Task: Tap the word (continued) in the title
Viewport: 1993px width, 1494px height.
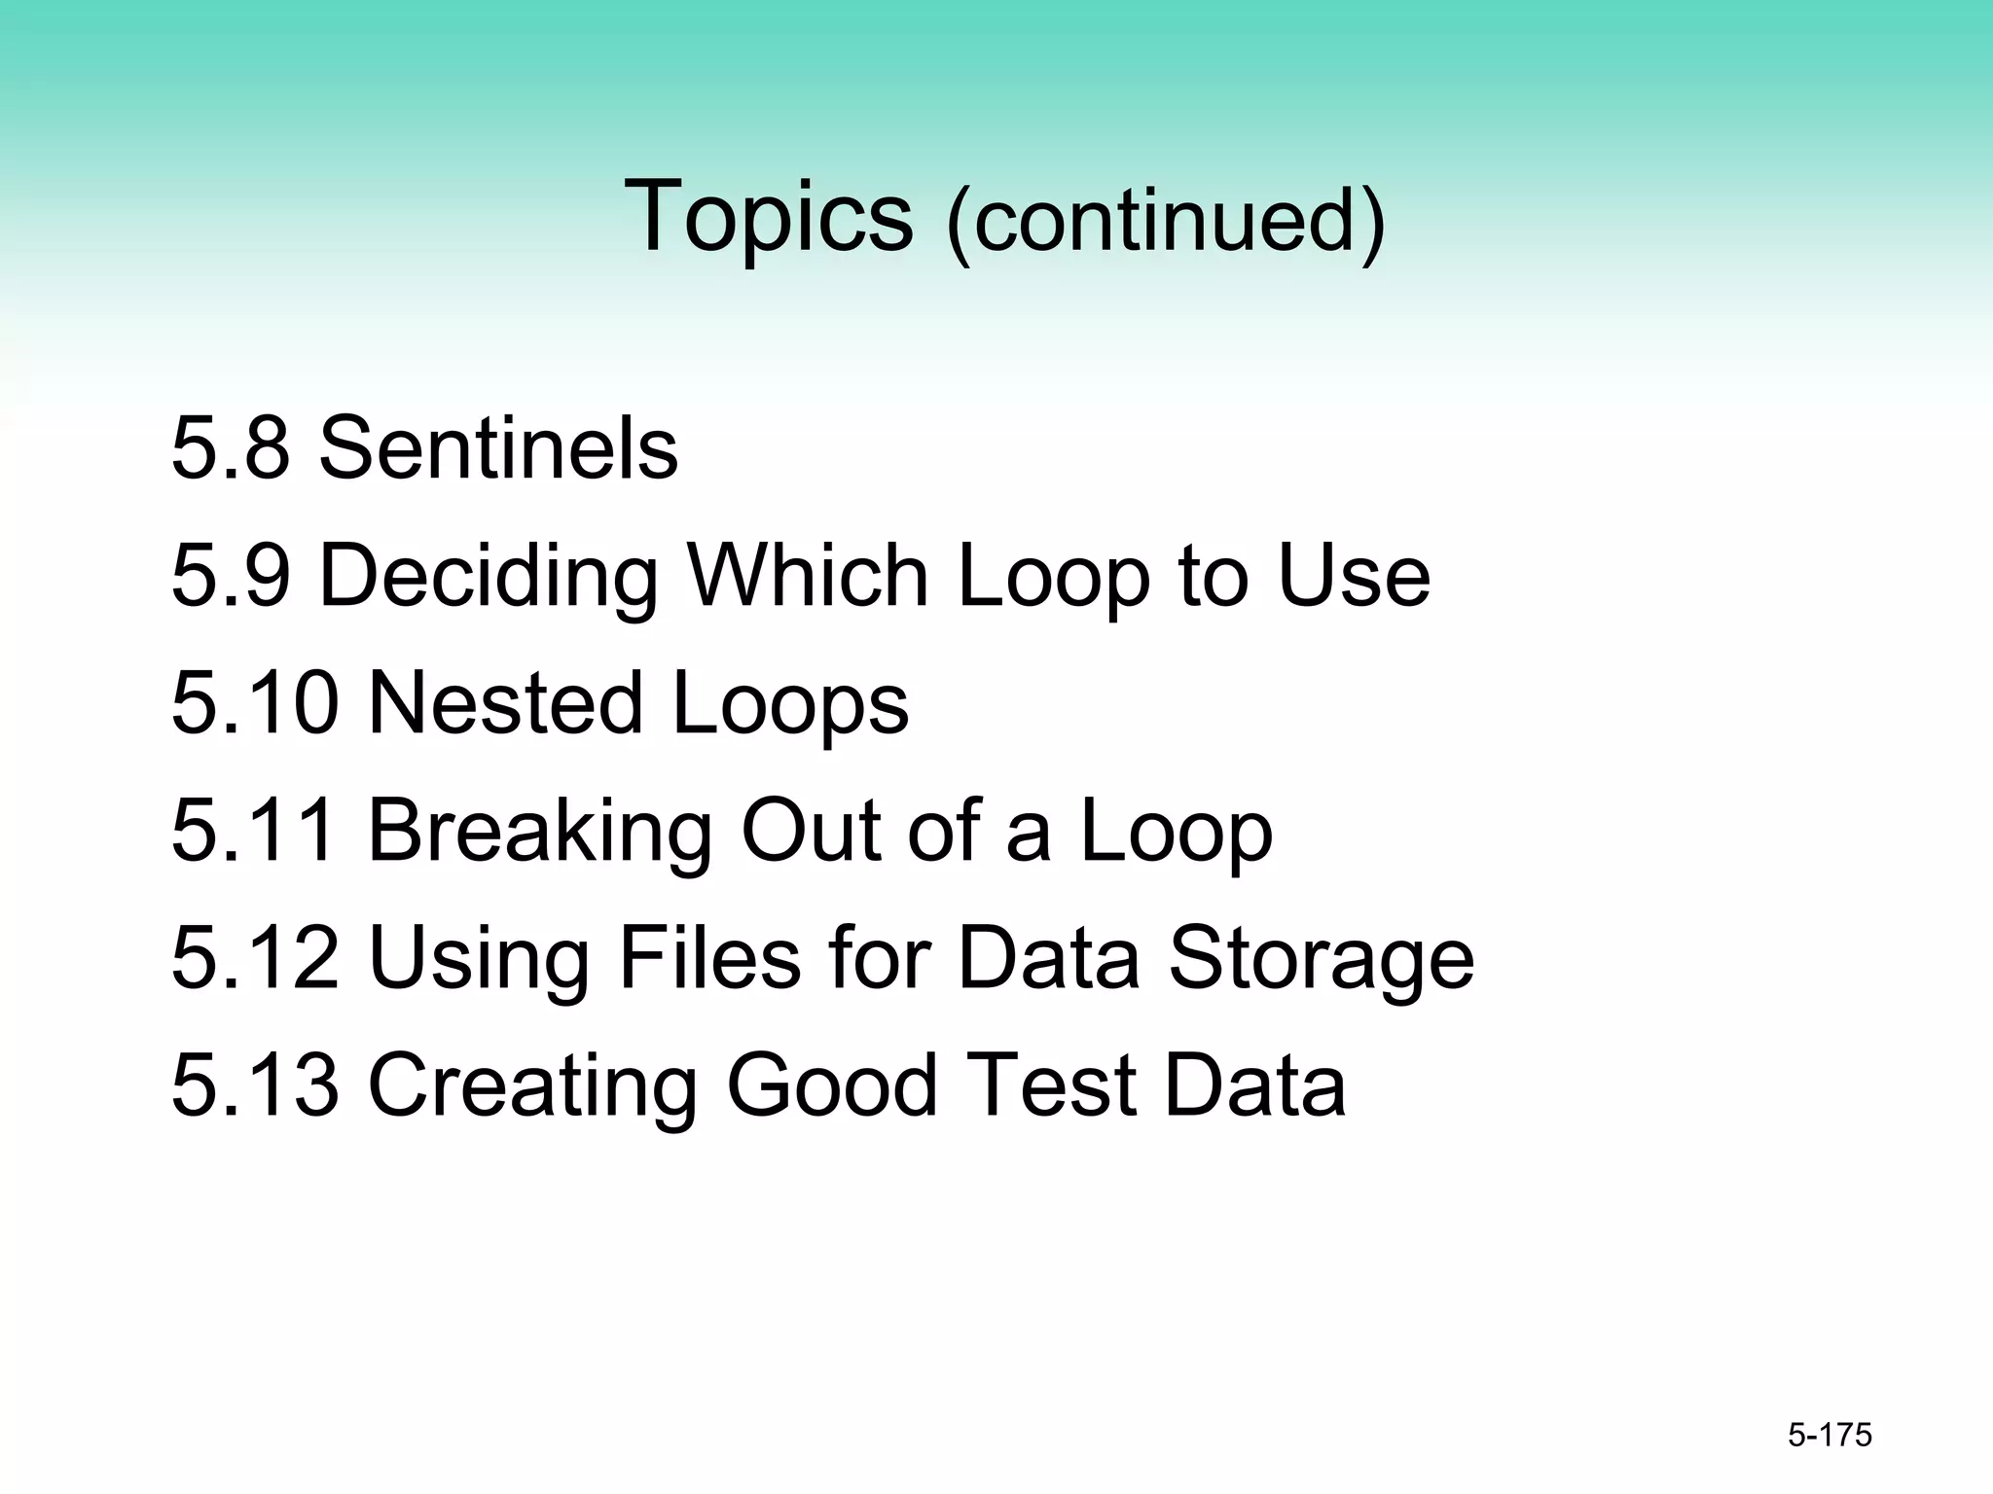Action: tap(1165, 222)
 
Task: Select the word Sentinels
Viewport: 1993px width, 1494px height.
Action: tap(498, 448)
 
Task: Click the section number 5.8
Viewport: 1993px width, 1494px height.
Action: tap(231, 448)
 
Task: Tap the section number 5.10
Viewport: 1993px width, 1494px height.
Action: tap(255, 703)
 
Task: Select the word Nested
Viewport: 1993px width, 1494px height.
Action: tap(506, 703)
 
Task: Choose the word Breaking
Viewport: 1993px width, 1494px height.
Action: tap(540, 832)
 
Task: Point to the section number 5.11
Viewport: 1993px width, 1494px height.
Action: tap(255, 832)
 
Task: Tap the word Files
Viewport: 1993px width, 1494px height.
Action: tap(709, 959)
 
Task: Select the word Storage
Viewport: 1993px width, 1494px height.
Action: tap(1321, 961)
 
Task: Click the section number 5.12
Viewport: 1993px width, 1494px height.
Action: tap(255, 959)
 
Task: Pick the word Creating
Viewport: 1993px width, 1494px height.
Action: tap(532, 1086)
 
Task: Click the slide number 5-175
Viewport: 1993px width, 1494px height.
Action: tap(1830, 1436)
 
